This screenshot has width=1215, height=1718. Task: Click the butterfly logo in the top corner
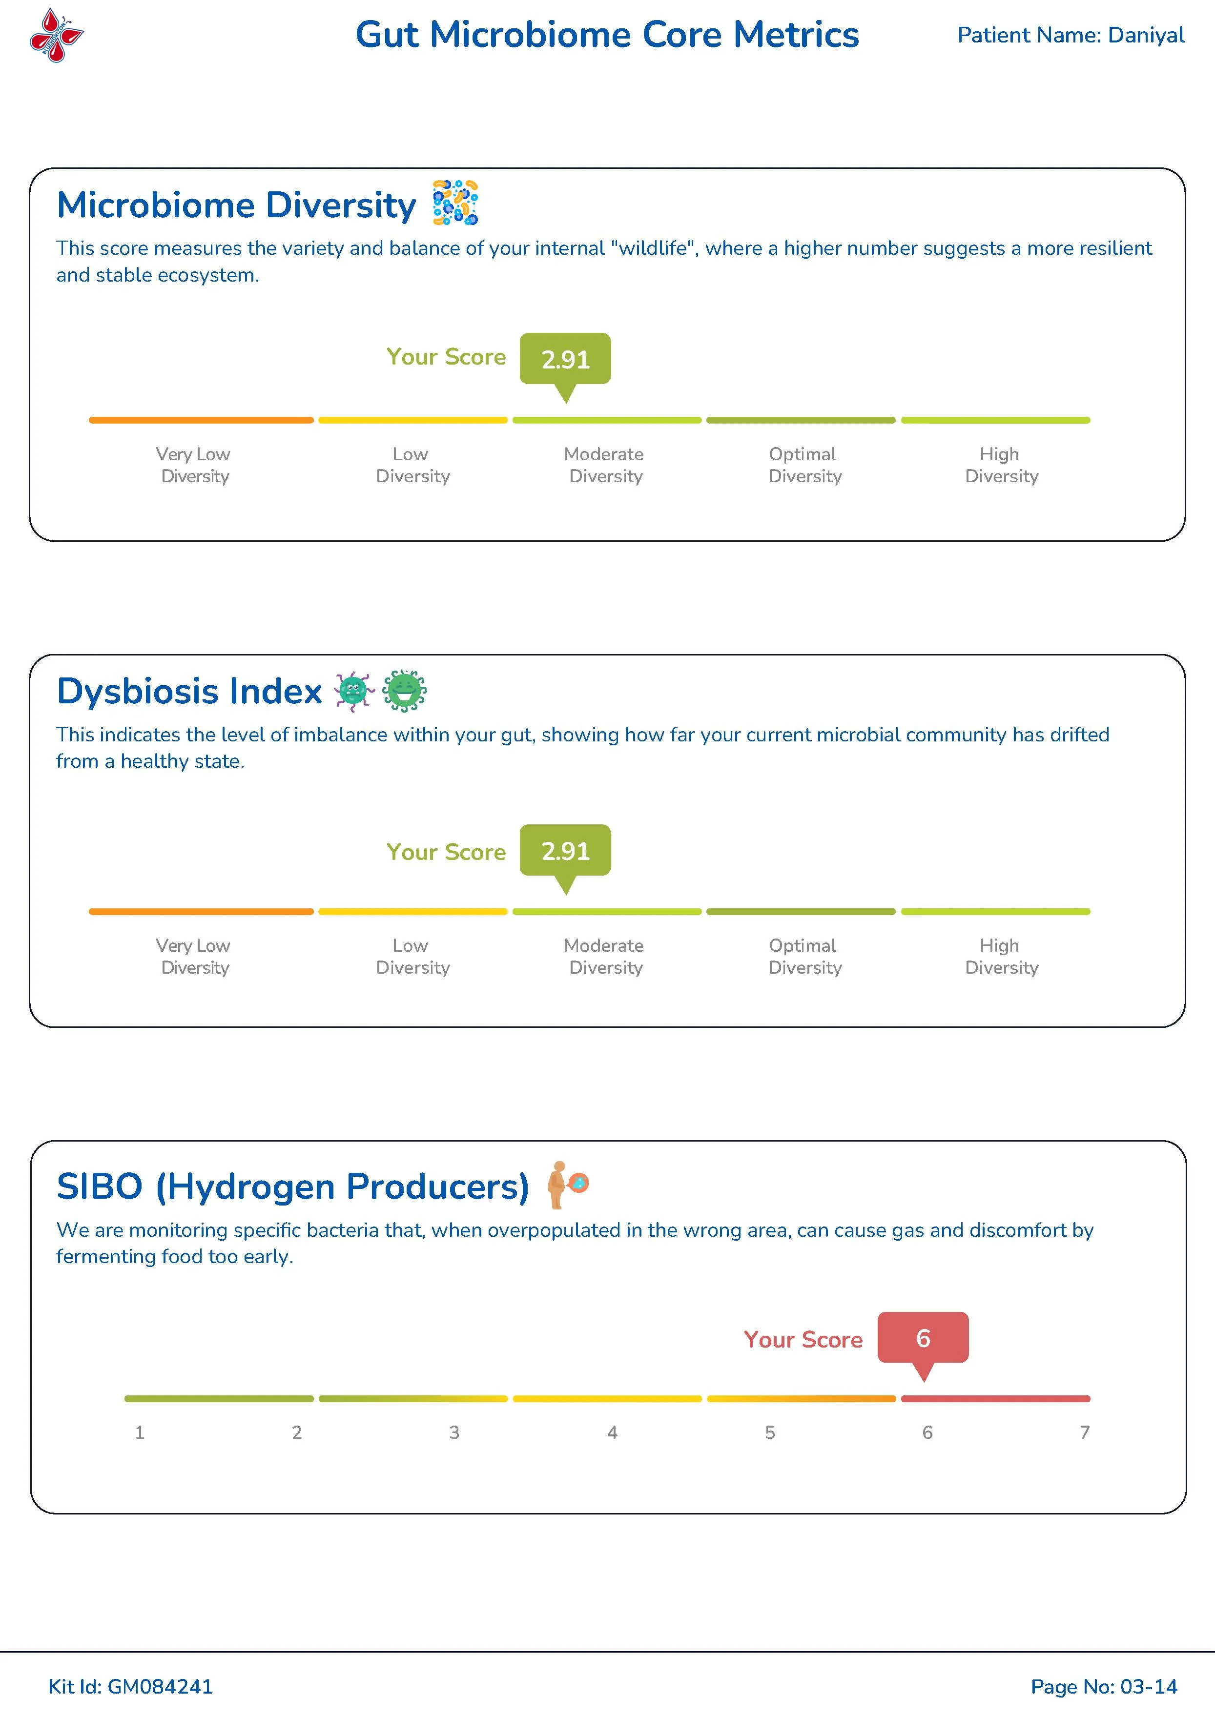[x=57, y=35]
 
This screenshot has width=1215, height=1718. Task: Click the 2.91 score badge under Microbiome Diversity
[x=566, y=359]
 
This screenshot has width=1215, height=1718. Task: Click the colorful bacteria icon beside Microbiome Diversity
[x=455, y=203]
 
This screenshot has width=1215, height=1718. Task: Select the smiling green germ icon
[x=405, y=690]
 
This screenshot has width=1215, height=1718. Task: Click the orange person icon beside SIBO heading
[x=567, y=1185]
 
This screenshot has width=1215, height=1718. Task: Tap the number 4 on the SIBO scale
[x=612, y=1432]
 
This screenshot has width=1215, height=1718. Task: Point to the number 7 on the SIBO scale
[x=1085, y=1432]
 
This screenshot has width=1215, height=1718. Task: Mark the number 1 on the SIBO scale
[x=139, y=1432]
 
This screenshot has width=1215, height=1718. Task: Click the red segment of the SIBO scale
[x=996, y=1398]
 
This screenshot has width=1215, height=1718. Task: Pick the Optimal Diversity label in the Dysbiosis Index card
[x=805, y=956]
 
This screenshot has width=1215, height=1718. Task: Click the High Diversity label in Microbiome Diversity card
[x=1002, y=465]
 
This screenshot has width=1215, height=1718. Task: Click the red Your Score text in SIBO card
[x=803, y=1339]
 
